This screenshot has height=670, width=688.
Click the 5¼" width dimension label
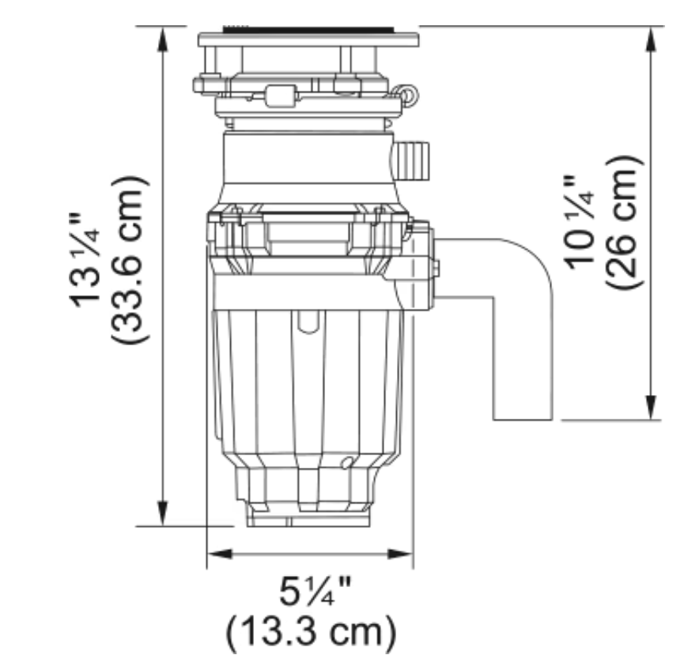click(x=316, y=591)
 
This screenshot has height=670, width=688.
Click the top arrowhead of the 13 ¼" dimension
click(x=163, y=40)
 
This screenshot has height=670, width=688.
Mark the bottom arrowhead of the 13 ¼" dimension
click(x=163, y=513)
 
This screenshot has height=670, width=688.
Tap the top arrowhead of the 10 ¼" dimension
click(x=651, y=40)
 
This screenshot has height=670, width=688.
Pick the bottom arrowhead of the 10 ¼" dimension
click(x=651, y=407)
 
